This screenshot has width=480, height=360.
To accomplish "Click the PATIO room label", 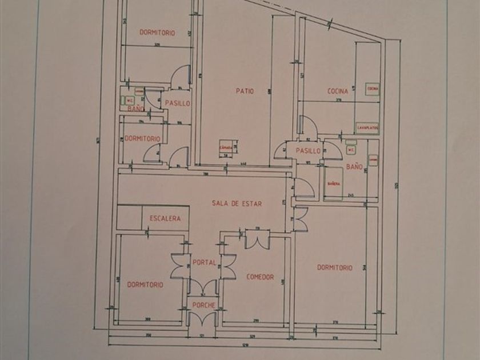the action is point(245,90).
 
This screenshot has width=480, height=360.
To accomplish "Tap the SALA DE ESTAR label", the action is point(237,203).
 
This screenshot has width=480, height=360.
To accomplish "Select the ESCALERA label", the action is point(165,218).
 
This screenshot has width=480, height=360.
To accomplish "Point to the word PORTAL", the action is point(204,263).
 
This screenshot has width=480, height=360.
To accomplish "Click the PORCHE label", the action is point(203,305).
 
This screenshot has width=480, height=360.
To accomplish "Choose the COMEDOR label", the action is point(260,277).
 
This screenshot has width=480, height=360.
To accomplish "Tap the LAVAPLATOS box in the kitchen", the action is point(367,127).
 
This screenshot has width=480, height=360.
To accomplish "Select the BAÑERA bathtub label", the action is point(333,183).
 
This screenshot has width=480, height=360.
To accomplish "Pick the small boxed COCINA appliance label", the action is point(373,89).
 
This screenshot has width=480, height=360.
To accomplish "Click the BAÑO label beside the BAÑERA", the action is point(354,167).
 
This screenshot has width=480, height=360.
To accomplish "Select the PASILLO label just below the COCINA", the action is point(308,151).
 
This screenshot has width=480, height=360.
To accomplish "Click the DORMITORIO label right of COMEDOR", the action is point(335,267).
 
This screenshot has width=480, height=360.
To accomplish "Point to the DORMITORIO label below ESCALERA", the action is point(145,284).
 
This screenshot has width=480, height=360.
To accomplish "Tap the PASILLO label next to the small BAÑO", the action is point(177,103).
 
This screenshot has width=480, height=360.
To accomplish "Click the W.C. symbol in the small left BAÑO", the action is point(129,100).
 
